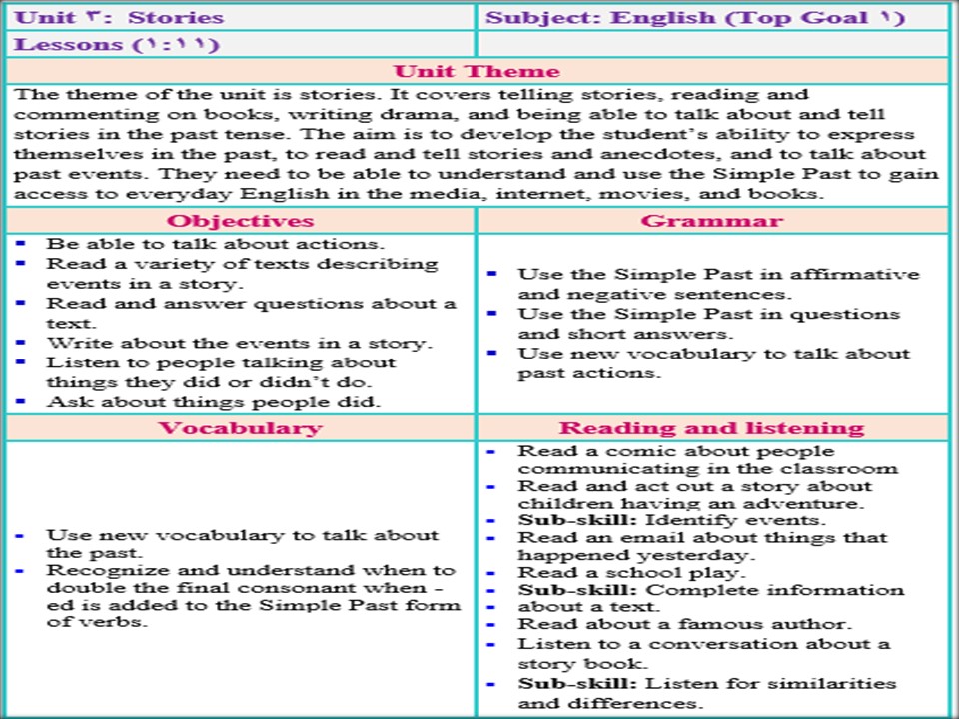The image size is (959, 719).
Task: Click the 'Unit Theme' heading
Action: click(x=477, y=71)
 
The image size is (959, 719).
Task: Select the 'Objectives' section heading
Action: click(x=240, y=221)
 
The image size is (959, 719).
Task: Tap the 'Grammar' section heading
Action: click(x=711, y=221)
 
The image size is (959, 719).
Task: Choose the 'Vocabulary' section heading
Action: click(x=240, y=428)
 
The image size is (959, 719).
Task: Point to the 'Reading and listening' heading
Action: click(x=711, y=428)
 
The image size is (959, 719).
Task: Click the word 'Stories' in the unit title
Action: click(x=176, y=18)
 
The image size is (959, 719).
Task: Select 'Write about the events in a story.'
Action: click(x=239, y=343)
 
